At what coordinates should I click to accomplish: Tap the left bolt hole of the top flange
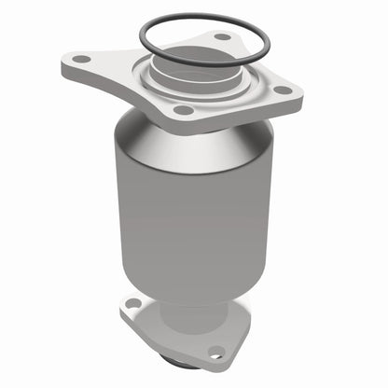(x=83, y=59)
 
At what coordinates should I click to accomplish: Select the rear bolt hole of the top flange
(x=221, y=36)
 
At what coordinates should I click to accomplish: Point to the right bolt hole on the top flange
(x=284, y=90)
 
